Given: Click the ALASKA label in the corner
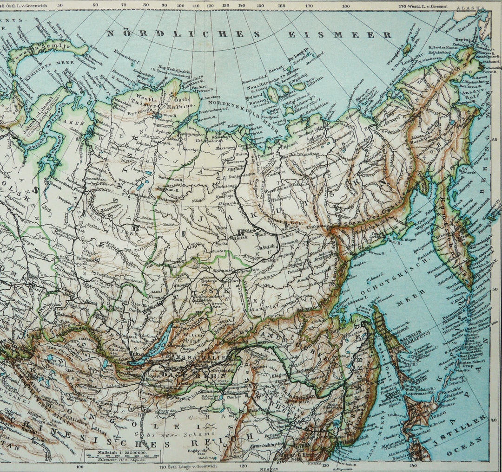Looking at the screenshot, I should tap(468, 8).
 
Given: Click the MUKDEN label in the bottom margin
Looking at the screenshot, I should tap(269, 468).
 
